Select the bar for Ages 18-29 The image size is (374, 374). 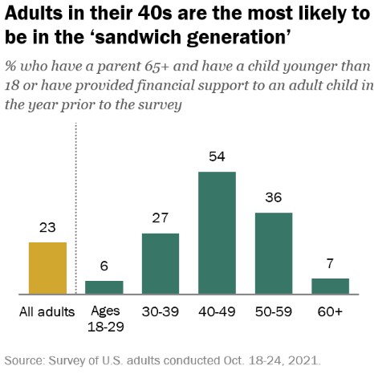pos(104,287)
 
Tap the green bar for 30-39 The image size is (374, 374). pos(161,263)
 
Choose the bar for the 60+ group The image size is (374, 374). pos(330,286)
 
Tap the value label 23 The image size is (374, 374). pos(47,229)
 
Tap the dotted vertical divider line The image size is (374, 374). pos(76,209)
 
